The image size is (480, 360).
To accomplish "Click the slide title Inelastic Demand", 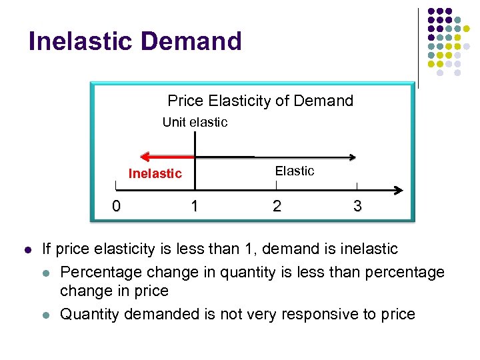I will coord(135,41).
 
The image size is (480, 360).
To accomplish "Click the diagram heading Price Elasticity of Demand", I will coord(260,101).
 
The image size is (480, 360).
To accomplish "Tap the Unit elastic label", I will coord(195,122).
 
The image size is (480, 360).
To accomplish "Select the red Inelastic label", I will coord(155,173).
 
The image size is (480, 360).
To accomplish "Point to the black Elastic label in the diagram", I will coord(294,171).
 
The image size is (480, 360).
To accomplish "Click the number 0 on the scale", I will coord(116,206).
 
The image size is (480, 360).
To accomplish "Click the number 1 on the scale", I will coord(194,206).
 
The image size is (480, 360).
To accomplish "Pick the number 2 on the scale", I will coord(277,206).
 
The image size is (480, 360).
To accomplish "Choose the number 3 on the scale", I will coord(357,206).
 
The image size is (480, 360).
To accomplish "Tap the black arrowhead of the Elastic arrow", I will coord(351,158).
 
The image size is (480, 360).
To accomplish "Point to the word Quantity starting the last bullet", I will coord(87,314).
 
